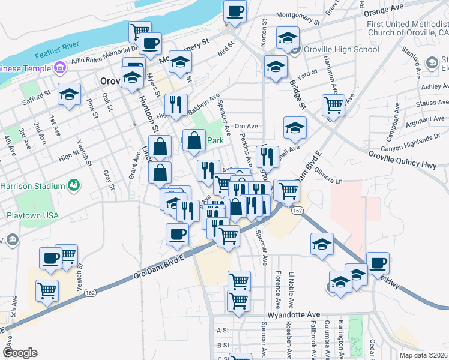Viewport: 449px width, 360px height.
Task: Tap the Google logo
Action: coord(20,353)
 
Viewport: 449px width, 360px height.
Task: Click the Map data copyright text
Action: coord(423,355)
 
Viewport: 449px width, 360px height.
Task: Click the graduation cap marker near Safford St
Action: coord(70,94)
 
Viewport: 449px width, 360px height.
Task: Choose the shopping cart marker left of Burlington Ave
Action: coord(333,106)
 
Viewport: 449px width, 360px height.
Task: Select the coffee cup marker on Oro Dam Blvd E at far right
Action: coord(378,262)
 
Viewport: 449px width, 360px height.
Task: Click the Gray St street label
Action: coord(109,179)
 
